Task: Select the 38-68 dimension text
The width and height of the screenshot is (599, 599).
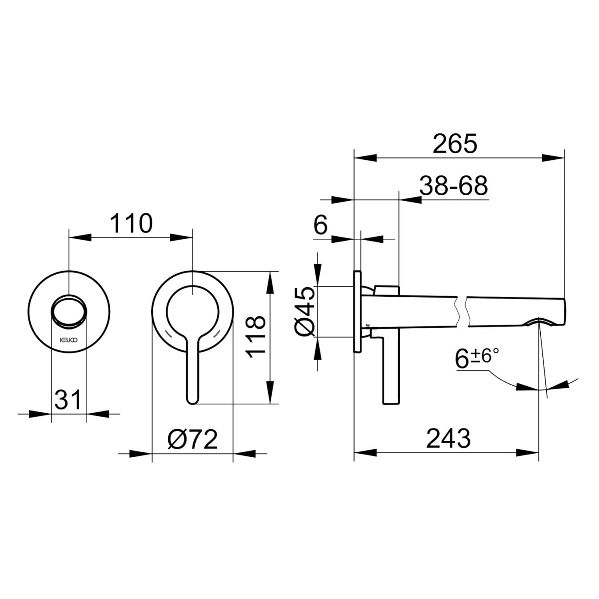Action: click(x=454, y=186)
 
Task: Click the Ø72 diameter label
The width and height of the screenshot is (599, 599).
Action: click(x=192, y=439)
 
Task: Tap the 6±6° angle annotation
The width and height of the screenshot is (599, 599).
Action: click(x=477, y=358)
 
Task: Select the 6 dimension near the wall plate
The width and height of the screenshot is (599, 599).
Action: click(x=320, y=225)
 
